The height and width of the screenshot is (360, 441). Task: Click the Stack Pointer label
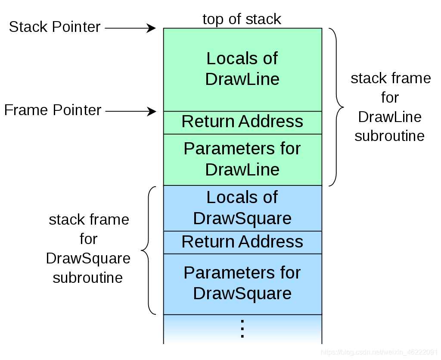click(55, 27)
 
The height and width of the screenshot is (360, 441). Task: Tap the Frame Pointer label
click(53, 110)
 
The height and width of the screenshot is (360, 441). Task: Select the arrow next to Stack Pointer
click(130, 28)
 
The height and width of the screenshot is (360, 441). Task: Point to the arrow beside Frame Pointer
click(130, 111)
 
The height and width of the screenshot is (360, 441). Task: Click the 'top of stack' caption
click(242, 19)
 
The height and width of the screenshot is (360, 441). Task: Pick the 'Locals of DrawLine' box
click(243, 69)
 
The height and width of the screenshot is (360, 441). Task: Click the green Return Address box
click(243, 123)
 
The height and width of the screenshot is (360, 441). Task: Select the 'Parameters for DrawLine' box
click(243, 160)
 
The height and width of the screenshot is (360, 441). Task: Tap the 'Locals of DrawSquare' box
click(243, 208)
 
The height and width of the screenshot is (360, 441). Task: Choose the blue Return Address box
click(243, 243)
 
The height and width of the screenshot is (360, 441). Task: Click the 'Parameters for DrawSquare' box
click(243, 284)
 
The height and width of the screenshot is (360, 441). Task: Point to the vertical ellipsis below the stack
click(242, 329)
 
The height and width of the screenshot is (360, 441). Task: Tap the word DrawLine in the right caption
click(390, 117)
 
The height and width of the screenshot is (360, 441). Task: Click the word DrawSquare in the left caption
click(88, 258)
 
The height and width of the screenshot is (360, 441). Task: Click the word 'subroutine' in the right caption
click(389, 136)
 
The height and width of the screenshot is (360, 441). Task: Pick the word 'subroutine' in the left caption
click(88, 278)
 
